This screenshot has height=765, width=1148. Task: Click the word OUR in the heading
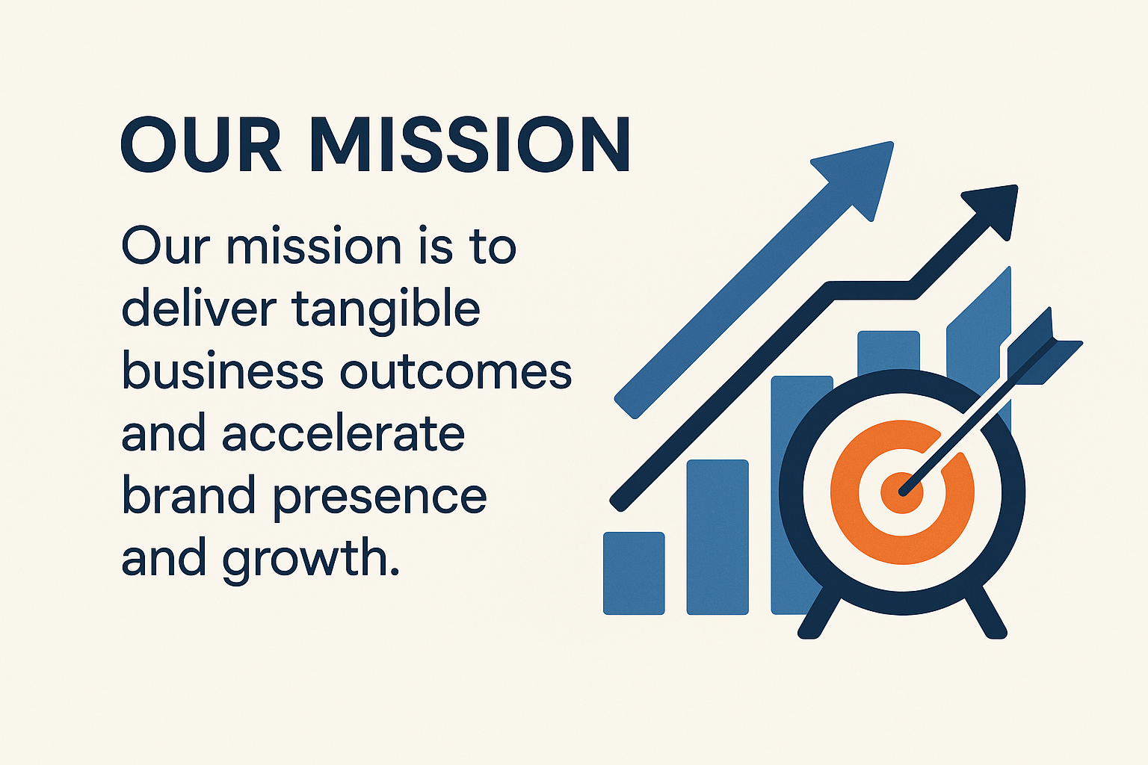[201, 144]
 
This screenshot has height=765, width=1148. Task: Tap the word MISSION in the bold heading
[470, 144]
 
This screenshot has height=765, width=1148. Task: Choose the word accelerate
[343, 433]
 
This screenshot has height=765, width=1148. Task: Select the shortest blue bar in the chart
[634, 573]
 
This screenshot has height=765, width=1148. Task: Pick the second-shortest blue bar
[717, 537]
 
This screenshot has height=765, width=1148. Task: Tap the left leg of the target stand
[819, 614]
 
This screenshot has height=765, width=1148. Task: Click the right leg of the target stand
[986, 614]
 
